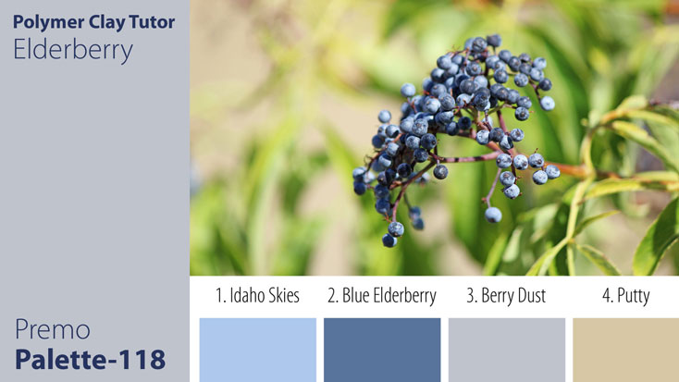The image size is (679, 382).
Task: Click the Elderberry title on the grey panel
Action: coord(73,49)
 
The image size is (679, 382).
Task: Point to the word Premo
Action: coord(52,329)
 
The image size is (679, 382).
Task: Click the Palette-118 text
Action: coord(90,359)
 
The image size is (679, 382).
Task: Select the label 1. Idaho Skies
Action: coord(257,296)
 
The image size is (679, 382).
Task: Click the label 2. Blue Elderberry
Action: coord(381,296)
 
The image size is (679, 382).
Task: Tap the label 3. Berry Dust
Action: coord(506,296)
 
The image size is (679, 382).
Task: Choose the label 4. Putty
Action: coord(625,296)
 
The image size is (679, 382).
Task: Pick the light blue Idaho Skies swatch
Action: coord(257,350)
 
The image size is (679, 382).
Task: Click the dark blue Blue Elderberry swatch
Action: coord(381,350)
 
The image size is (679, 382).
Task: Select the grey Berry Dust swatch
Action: coord(506,350)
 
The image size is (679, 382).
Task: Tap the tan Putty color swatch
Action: coord(625,350)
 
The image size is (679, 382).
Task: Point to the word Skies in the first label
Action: coord(280,296)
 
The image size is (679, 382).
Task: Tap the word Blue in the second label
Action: coord(358,296)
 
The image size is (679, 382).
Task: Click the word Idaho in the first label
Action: coord(243,296)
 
